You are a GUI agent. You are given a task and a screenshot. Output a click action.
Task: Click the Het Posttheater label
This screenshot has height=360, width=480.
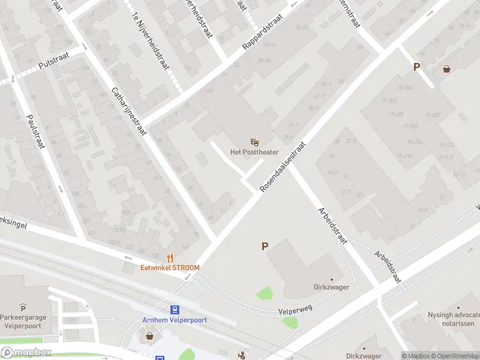coord(254,152)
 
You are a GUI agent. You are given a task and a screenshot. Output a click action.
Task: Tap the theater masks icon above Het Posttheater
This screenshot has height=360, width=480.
coord(255,142)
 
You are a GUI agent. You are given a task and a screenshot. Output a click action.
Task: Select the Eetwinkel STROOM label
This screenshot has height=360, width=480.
coord(170,268)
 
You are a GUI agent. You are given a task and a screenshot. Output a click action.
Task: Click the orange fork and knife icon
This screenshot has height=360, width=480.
coord(170,258)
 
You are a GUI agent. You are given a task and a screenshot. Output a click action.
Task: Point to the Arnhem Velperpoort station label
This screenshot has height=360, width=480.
coord(175,320)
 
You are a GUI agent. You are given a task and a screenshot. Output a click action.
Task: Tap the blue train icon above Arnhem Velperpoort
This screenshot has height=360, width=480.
coord(175,310)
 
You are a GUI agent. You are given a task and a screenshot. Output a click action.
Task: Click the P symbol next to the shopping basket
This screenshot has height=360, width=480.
coord(416,67)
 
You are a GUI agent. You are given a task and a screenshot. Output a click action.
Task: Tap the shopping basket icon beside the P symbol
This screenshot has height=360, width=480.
coord(446,69)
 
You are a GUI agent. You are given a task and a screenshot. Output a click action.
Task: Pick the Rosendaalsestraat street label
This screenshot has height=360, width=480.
coord(283,167)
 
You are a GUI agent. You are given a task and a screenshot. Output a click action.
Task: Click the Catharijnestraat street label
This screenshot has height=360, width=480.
coord(129,113)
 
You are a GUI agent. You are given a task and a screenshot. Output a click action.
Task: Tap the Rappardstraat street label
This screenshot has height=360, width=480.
coord(262,33)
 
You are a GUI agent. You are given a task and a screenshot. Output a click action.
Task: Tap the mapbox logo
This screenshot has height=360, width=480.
coord(26,352)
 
